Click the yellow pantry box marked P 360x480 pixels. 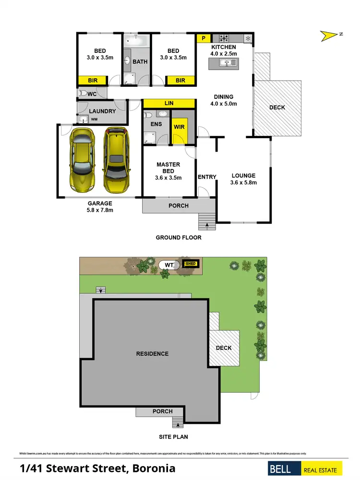point(204,38)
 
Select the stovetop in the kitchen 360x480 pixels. point(224,37)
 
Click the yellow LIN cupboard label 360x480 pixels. point(168,103)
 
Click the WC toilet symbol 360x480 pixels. point(82,94)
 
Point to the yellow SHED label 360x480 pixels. point(191,264)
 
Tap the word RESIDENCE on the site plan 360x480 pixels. point(152,354)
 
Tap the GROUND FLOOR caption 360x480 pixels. point(179,237)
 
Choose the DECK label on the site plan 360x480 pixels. point(223,348)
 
